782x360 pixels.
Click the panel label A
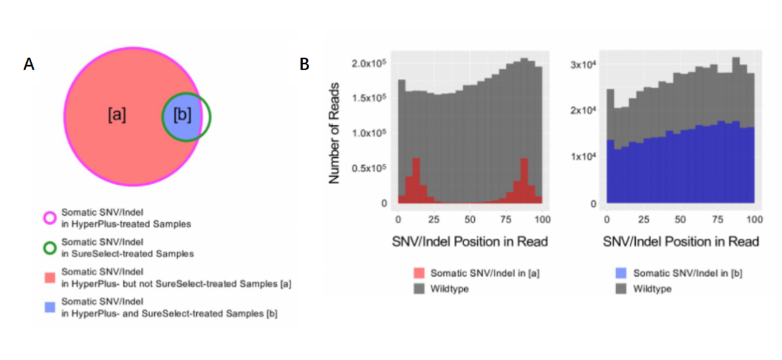(29, 64)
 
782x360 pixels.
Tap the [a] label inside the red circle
(117, 114)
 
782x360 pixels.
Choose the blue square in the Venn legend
(49, 307)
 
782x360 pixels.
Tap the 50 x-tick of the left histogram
(469, 218)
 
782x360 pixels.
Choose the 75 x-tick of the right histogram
(717, 218)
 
